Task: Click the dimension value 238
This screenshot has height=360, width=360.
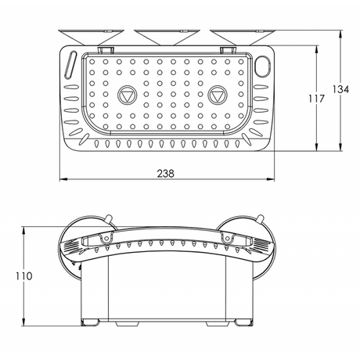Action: coord(165,173)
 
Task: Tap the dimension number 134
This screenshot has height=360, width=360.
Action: coord(340,89)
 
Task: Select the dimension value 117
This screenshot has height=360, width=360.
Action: coord(316,99)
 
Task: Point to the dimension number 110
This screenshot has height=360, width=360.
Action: coord(24,276)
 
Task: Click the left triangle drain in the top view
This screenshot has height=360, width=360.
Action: coord(127,95)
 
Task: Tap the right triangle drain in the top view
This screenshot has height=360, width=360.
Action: coord(218,95)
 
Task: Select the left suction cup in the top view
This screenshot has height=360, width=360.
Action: coord(91,37)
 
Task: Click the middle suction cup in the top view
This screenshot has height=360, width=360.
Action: coord(167,37)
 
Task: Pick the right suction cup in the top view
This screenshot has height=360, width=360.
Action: coord(242,37)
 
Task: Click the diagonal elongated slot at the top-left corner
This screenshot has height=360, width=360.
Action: coord(70,64)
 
